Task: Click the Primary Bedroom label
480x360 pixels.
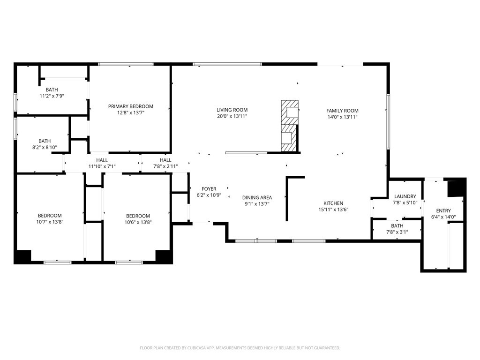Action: (x=130, y=106)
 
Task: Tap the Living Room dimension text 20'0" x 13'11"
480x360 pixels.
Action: (x=232, y=116)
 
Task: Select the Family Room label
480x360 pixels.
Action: (x=342, y=111)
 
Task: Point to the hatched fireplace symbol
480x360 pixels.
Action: (x=289, y=126)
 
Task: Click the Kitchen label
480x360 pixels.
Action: (x=333, y=203)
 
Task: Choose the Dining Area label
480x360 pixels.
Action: (x=257, y=197)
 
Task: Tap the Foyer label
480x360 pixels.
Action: (x=209, y=189)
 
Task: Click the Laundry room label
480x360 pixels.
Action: (x=405, y=196)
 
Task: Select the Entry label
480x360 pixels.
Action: (x=443, y=211)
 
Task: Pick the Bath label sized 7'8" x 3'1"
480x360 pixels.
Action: (x=397, y=226)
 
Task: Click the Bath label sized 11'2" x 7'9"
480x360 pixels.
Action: (x=52, y=90)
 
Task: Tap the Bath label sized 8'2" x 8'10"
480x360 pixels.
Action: (x=45, y=141)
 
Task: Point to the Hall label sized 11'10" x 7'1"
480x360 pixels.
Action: (x=102, y=160)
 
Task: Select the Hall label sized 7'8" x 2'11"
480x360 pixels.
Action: (x=165, y=160)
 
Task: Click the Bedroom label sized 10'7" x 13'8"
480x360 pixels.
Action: (x=50, y=216)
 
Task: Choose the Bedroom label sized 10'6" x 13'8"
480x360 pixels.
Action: (x=138, y=216)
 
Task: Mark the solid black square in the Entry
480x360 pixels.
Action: (x=455, y=188)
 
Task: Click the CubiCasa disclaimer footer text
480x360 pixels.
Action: (x=240, y=348)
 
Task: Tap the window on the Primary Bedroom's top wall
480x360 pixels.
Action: (x=126, y=64)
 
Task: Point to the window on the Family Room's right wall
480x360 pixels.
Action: (x=388, y=121)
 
